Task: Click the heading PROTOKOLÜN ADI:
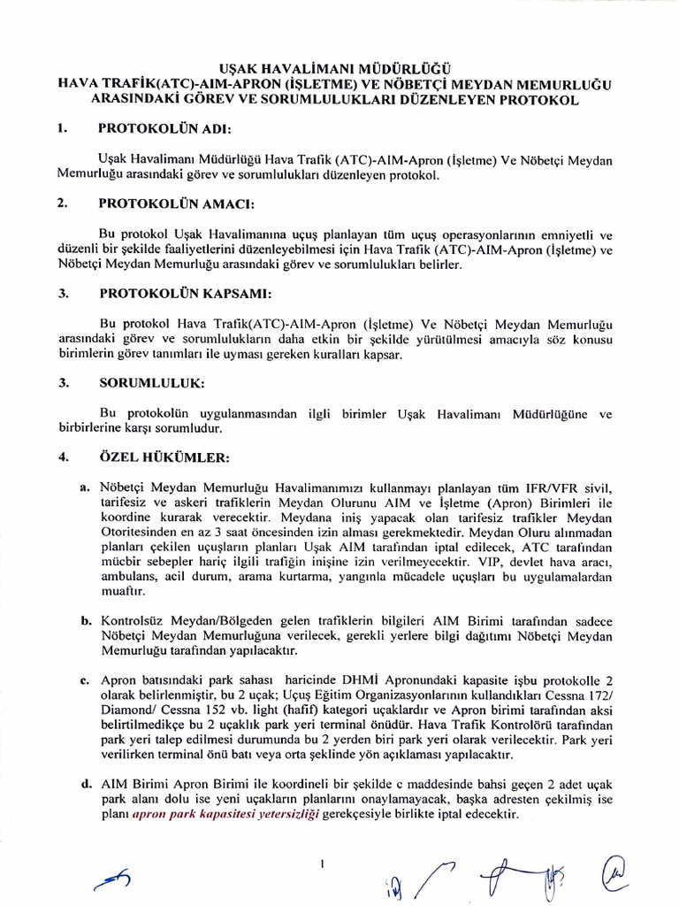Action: click(x=164, y=128)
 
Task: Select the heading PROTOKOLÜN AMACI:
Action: click(x=175, y=203)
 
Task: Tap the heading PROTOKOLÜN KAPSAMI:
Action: click(x=185, y=293)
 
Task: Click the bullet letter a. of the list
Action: click(x=85, y=488)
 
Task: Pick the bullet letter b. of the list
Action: click(x=87, y=621)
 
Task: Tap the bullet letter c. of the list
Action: click(x=85, y=680)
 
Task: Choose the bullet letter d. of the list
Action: click(x=86, y=785)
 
